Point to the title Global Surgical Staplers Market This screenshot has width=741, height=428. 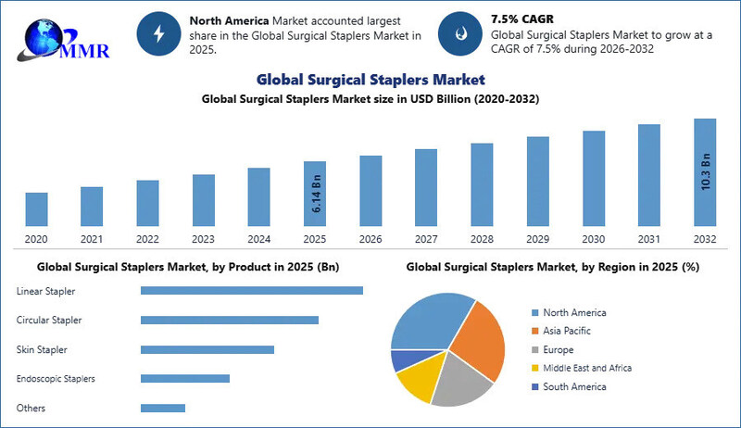370,80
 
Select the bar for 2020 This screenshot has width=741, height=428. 37,209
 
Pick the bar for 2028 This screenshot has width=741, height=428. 482,184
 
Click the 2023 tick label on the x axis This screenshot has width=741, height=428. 204,239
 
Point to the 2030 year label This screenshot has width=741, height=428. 593,239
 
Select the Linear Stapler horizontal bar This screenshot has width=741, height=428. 251,291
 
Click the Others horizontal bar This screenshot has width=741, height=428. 163,408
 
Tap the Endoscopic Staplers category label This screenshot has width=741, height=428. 56,379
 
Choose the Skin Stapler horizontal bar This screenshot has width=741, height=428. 207,349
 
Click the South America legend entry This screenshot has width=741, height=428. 574,386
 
